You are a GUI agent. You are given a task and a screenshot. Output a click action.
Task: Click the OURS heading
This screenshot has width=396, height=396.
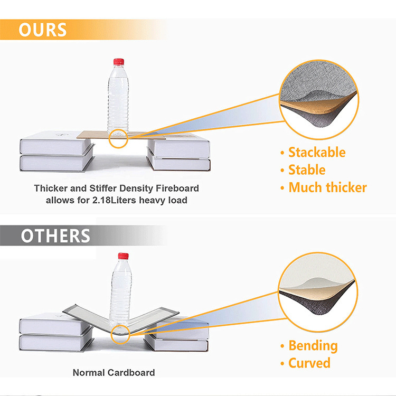click(43, 30)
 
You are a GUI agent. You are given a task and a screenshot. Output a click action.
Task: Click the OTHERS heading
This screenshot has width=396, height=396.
click(55, 236)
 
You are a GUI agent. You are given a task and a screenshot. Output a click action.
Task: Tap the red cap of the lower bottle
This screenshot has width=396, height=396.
click(123, 256)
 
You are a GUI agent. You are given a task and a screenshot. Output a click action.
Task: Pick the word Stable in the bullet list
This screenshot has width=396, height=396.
click(307, 170)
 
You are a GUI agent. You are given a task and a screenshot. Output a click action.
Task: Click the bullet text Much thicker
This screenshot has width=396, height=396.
click(327, 187)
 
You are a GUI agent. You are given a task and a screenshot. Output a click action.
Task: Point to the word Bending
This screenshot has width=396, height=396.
click(313, 346)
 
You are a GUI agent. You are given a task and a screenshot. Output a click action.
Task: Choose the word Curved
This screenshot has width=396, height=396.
click(309, 363)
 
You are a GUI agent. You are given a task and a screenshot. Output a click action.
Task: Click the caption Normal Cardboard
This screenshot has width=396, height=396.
click(114, 373)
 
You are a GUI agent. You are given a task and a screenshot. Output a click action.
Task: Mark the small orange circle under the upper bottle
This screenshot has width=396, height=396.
click(119, 138)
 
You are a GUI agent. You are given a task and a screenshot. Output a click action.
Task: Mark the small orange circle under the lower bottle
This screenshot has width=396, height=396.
click(121, 334)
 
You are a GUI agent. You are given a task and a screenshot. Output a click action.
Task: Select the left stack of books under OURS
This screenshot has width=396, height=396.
click(56, 154)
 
